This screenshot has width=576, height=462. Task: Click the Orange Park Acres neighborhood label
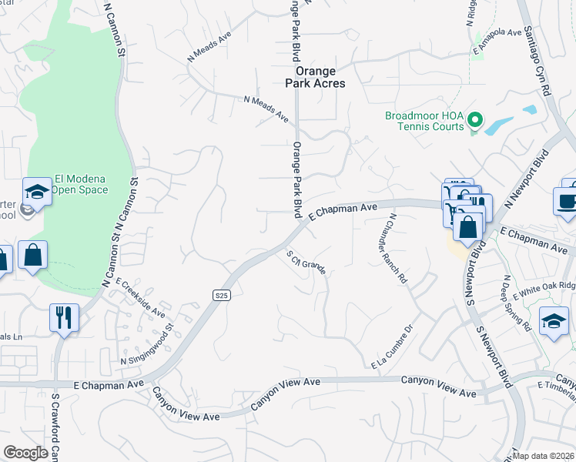(x=315, y=76)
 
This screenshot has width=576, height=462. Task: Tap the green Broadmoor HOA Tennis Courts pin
(x=475, y=121)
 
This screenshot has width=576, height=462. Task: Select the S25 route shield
(x=221, y=294)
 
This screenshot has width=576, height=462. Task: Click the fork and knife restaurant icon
(x=63, y=316)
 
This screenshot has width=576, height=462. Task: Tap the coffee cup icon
(x=568, y=200)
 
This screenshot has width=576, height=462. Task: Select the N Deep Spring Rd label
(x=517, y=303)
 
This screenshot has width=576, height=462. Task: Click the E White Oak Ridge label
(x=545, y=288)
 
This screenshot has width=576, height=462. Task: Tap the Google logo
(x=25, y=453)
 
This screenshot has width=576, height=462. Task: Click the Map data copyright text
(x=543, y=456)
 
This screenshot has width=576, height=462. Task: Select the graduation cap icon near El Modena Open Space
(x=36, y=191)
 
